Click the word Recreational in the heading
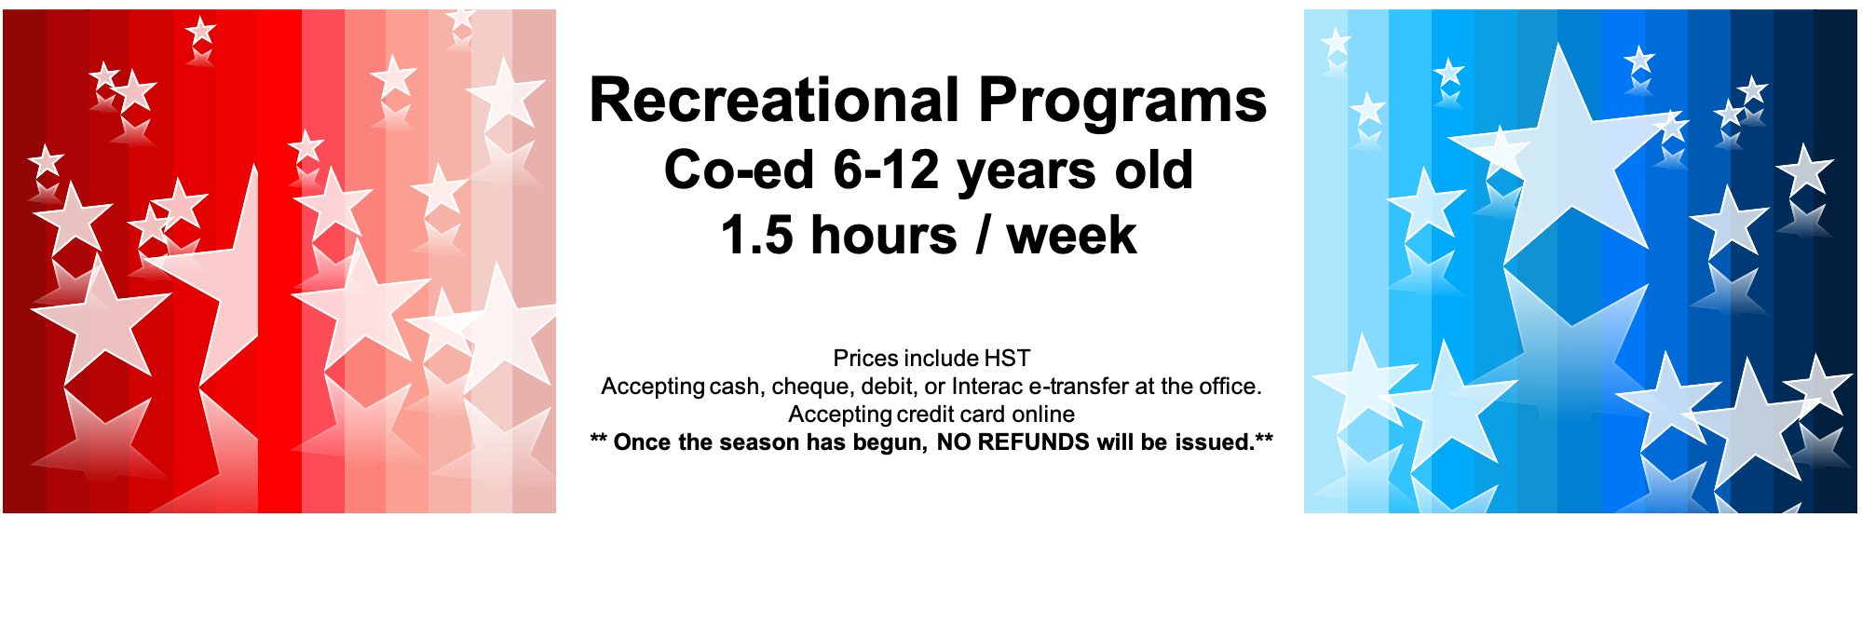pyautogui.click(x=775, y=100)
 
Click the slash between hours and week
pyautogui.click(x=983, y=235)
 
